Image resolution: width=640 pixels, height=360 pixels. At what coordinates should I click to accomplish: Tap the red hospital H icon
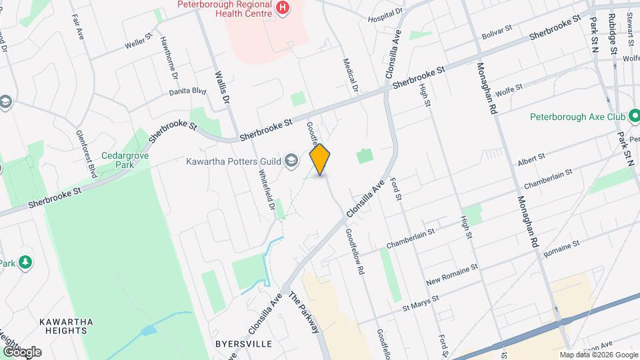(x=283, y=7)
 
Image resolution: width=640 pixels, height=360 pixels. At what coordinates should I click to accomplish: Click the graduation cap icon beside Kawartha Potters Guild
(x=291, y=160)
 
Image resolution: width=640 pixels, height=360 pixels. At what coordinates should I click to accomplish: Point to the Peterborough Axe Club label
(x=571, y=117)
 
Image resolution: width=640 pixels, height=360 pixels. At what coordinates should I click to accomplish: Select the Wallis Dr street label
(x=221, y=87)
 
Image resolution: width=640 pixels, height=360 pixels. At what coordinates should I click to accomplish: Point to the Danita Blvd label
(x=188, y=91)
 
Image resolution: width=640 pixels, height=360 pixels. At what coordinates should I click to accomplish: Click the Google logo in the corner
(x=21, y=351)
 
